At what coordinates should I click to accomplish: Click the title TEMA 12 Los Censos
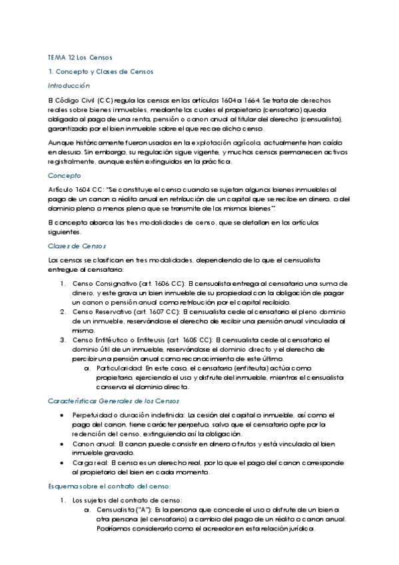[x=80, y=57]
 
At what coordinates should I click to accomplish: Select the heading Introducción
[x=69, y=86]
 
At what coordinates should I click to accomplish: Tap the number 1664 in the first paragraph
[x=243, y=100]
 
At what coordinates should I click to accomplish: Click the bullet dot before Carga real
[x=62, y=462]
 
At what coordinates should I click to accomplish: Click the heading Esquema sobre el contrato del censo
[x=105, y=486]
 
